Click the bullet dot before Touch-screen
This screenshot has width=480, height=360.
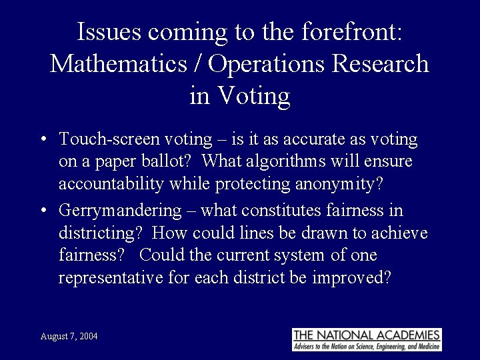coord(42,140)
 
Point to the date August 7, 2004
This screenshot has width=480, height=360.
coord(69,337)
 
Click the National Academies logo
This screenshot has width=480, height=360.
coord(367,339)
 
